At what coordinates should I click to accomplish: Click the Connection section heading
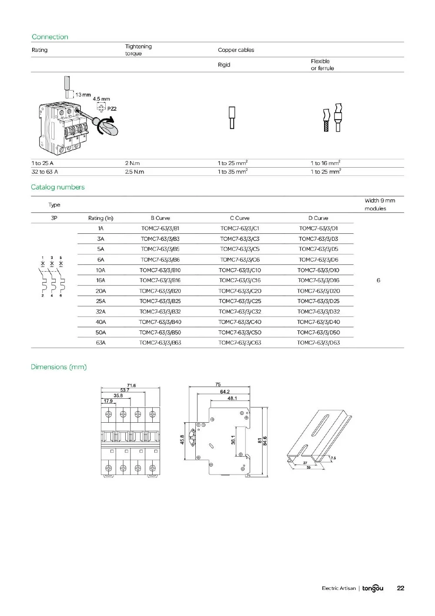pyautogui.click(x=50, y=37)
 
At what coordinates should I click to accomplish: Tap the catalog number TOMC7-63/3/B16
pyautogui.click(x=160, y=280)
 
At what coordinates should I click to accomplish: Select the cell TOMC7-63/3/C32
pyautogui.click(x=240, y=312)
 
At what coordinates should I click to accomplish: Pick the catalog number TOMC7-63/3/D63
pyautogui.click(x=318, y=343)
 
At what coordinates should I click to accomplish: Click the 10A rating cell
pyautogui.click(x=100, y=270)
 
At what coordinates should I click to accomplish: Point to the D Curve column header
pyautogui.click(x=318, y=218)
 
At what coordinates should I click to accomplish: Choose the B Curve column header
pyautogui.click(x=160, y=218)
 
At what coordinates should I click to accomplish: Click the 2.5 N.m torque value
pyautogui.click(x=134, y=172)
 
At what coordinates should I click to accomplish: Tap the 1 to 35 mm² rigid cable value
pyautogui.click(x=232, y=172)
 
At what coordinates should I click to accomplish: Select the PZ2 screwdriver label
pyautogui.click(x=112, y=109)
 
